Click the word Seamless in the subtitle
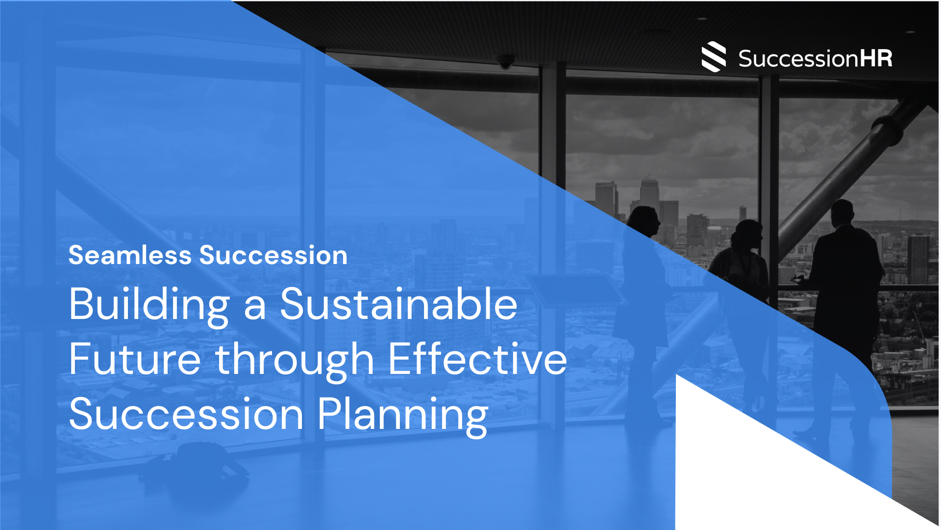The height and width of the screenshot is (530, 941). (x=130, y=255)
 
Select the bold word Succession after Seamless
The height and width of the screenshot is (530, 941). (x=273, y=255)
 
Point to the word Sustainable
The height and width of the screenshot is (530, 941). (x=398, y=304)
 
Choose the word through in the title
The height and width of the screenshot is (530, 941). (x=295, y=361)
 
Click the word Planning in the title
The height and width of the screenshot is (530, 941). (x=403, y=416)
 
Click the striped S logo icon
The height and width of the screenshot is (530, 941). (x=714, y=57)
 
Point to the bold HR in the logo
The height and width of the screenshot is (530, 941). (x=876, y=58)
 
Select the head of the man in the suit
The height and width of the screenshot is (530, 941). (x=842, y=213)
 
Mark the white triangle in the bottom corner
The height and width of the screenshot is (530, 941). (x=765, y=471)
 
